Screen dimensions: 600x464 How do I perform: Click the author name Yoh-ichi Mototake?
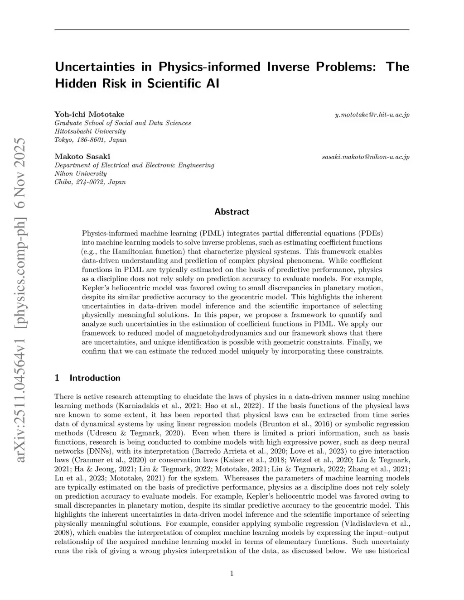89,114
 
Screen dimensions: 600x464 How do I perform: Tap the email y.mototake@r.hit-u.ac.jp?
372,115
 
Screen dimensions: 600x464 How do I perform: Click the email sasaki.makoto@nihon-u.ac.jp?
365,157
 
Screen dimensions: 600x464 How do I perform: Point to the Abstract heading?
232,211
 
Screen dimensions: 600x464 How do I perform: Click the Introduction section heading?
95,378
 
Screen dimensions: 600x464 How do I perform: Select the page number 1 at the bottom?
232,574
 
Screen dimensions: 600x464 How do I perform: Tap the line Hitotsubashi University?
90,131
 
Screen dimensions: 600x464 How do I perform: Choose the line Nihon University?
81,173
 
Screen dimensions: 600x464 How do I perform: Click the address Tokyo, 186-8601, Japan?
91,140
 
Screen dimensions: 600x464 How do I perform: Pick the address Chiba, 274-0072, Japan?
90,182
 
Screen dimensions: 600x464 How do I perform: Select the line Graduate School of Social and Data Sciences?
122,123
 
